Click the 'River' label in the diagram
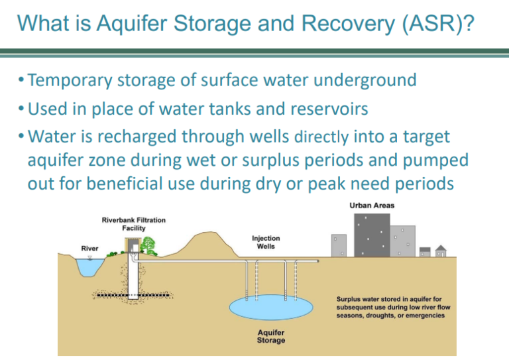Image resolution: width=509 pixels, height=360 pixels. (x=90, y=249)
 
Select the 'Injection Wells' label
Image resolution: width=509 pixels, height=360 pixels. (x=266, y=243)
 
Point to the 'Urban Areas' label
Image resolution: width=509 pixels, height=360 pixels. (x=372, y=206)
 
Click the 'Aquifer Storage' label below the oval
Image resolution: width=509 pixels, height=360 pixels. (x=271, y=336)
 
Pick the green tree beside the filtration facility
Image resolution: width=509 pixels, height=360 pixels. (x=149, y=247)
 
